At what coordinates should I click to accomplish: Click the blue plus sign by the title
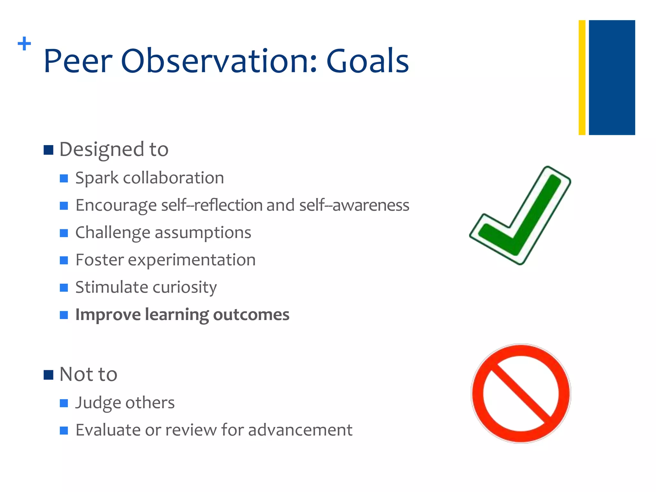click(x=24, y=44)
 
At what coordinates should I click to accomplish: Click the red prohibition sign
click(x=521, y=394)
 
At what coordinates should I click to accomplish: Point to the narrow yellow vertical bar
click(x=582, y=78)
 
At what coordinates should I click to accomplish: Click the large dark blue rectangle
click(x=612, y=78)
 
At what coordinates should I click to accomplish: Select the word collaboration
click(x=173, y=178)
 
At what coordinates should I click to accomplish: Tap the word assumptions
click(x=203, y=233)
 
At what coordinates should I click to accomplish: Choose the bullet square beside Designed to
click(x=48, y=150)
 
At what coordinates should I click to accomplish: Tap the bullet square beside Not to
click(x=48, y=375)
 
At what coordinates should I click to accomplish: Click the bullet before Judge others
click(x=64, y=403)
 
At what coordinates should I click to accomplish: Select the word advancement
click(x=300, y=430)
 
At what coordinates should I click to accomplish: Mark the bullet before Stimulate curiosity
click(x=64, y=287)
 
